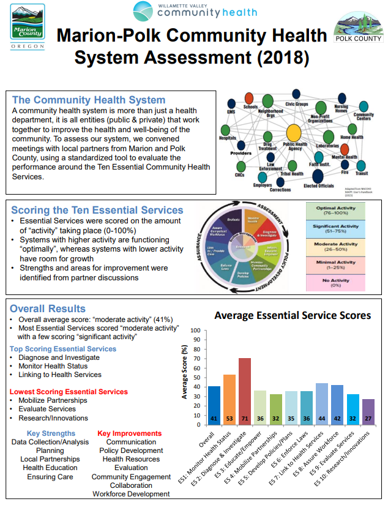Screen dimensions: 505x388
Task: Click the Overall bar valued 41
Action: click(214, 405)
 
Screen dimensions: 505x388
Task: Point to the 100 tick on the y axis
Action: click(196, 331)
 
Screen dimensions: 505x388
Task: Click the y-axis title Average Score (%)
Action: click(185, 372)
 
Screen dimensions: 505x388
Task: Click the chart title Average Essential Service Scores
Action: click(292, 316)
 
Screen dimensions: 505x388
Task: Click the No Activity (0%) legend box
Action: click(337, 283)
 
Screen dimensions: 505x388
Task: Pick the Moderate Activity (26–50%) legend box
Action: click(337, 247)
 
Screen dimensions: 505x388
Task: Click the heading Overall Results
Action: click(48, 309)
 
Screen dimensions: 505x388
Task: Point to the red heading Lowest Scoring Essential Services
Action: click(69, 392)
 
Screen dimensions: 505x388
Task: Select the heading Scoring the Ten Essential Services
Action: click(97, 210)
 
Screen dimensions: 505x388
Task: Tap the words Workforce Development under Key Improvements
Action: click(131, 494)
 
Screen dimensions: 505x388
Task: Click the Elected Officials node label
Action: click(319, 186)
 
